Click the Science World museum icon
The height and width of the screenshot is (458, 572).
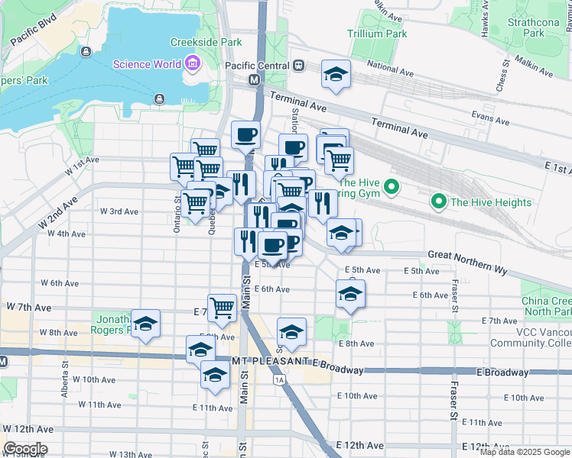click(x=192, y=64)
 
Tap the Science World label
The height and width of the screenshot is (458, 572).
click(x=148, y=64)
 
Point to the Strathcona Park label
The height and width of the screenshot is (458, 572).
click(x=544, y=27)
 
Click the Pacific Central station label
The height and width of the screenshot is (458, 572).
click(x=257, y=66)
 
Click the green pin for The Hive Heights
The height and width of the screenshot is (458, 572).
click(x=439, y=202)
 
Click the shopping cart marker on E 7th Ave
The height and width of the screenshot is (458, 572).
click(x=222, y=308)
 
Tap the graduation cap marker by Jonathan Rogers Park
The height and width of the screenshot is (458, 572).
click(x=145, y=324)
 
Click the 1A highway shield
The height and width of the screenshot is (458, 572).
click(x=280, y=379)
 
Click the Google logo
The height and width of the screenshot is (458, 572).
click(x=25, y=449)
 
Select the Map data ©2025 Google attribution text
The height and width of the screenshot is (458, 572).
click(x=525, y=452)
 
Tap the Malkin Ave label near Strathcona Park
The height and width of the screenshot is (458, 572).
click(x=533, y=61)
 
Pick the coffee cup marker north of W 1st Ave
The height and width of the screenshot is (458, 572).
click(x=245, y=135)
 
